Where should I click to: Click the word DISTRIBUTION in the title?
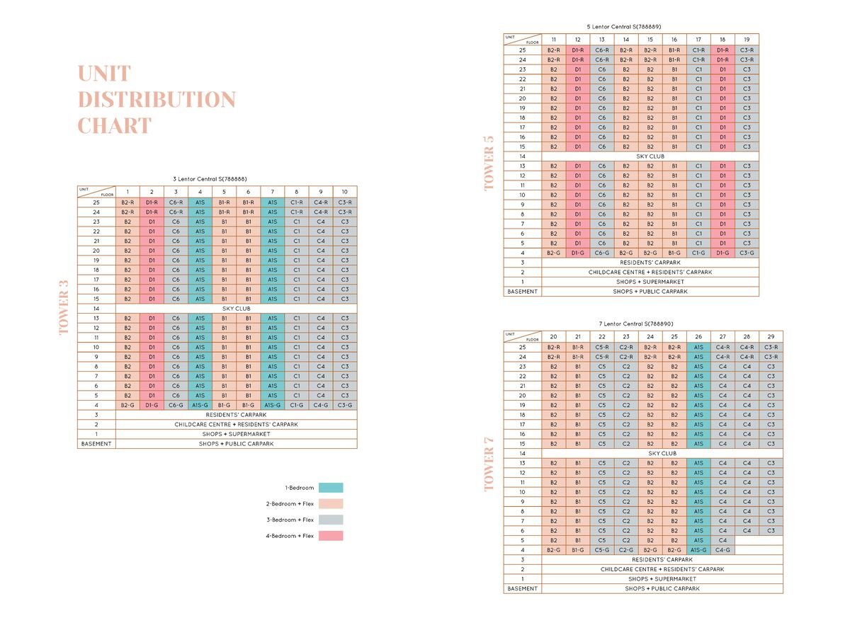point(156,100)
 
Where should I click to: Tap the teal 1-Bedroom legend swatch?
point(331,488)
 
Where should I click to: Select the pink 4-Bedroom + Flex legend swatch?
point(331,536)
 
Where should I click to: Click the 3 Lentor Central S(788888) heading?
point(210,179)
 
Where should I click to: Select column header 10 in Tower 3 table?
point(345,191)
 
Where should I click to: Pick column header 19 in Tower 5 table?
point(747,39)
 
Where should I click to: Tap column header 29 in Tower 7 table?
point(771,336)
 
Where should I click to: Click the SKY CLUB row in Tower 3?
point(237,309)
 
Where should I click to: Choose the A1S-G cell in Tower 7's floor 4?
point(698,549)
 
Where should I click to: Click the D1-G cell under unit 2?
point(152,405)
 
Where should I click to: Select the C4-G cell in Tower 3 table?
point(321,405)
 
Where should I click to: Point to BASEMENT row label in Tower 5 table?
point(523,291)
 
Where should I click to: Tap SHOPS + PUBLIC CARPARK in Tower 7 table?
point(662,588)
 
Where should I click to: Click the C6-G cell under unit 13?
point(602,253)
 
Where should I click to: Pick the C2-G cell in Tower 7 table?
point(626,549)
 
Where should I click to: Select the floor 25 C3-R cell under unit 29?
point(771,348)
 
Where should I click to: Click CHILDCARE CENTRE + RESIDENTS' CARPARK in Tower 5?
point(650,272)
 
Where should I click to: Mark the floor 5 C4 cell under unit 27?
point(722,540)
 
